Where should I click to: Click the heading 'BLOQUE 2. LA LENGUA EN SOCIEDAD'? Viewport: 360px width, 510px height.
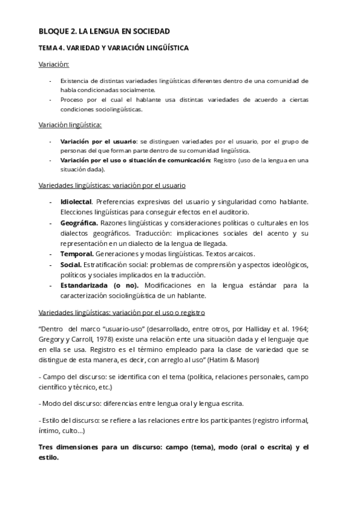point(104,31)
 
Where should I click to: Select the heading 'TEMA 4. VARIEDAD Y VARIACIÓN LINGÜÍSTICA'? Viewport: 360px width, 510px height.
point(114,48)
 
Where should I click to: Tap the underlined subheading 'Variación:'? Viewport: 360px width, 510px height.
point(53,64)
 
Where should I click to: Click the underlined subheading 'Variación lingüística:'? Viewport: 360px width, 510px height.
point(70,125)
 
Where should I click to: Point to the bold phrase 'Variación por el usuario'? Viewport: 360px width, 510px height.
point(98,141)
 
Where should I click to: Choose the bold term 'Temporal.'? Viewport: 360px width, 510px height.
point(77,254)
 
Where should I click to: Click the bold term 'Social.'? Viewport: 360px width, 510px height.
point(71,265)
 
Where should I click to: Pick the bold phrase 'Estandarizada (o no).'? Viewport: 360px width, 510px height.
point(92,286)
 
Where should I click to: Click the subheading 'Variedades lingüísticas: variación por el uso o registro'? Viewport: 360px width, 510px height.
point(121,313)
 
